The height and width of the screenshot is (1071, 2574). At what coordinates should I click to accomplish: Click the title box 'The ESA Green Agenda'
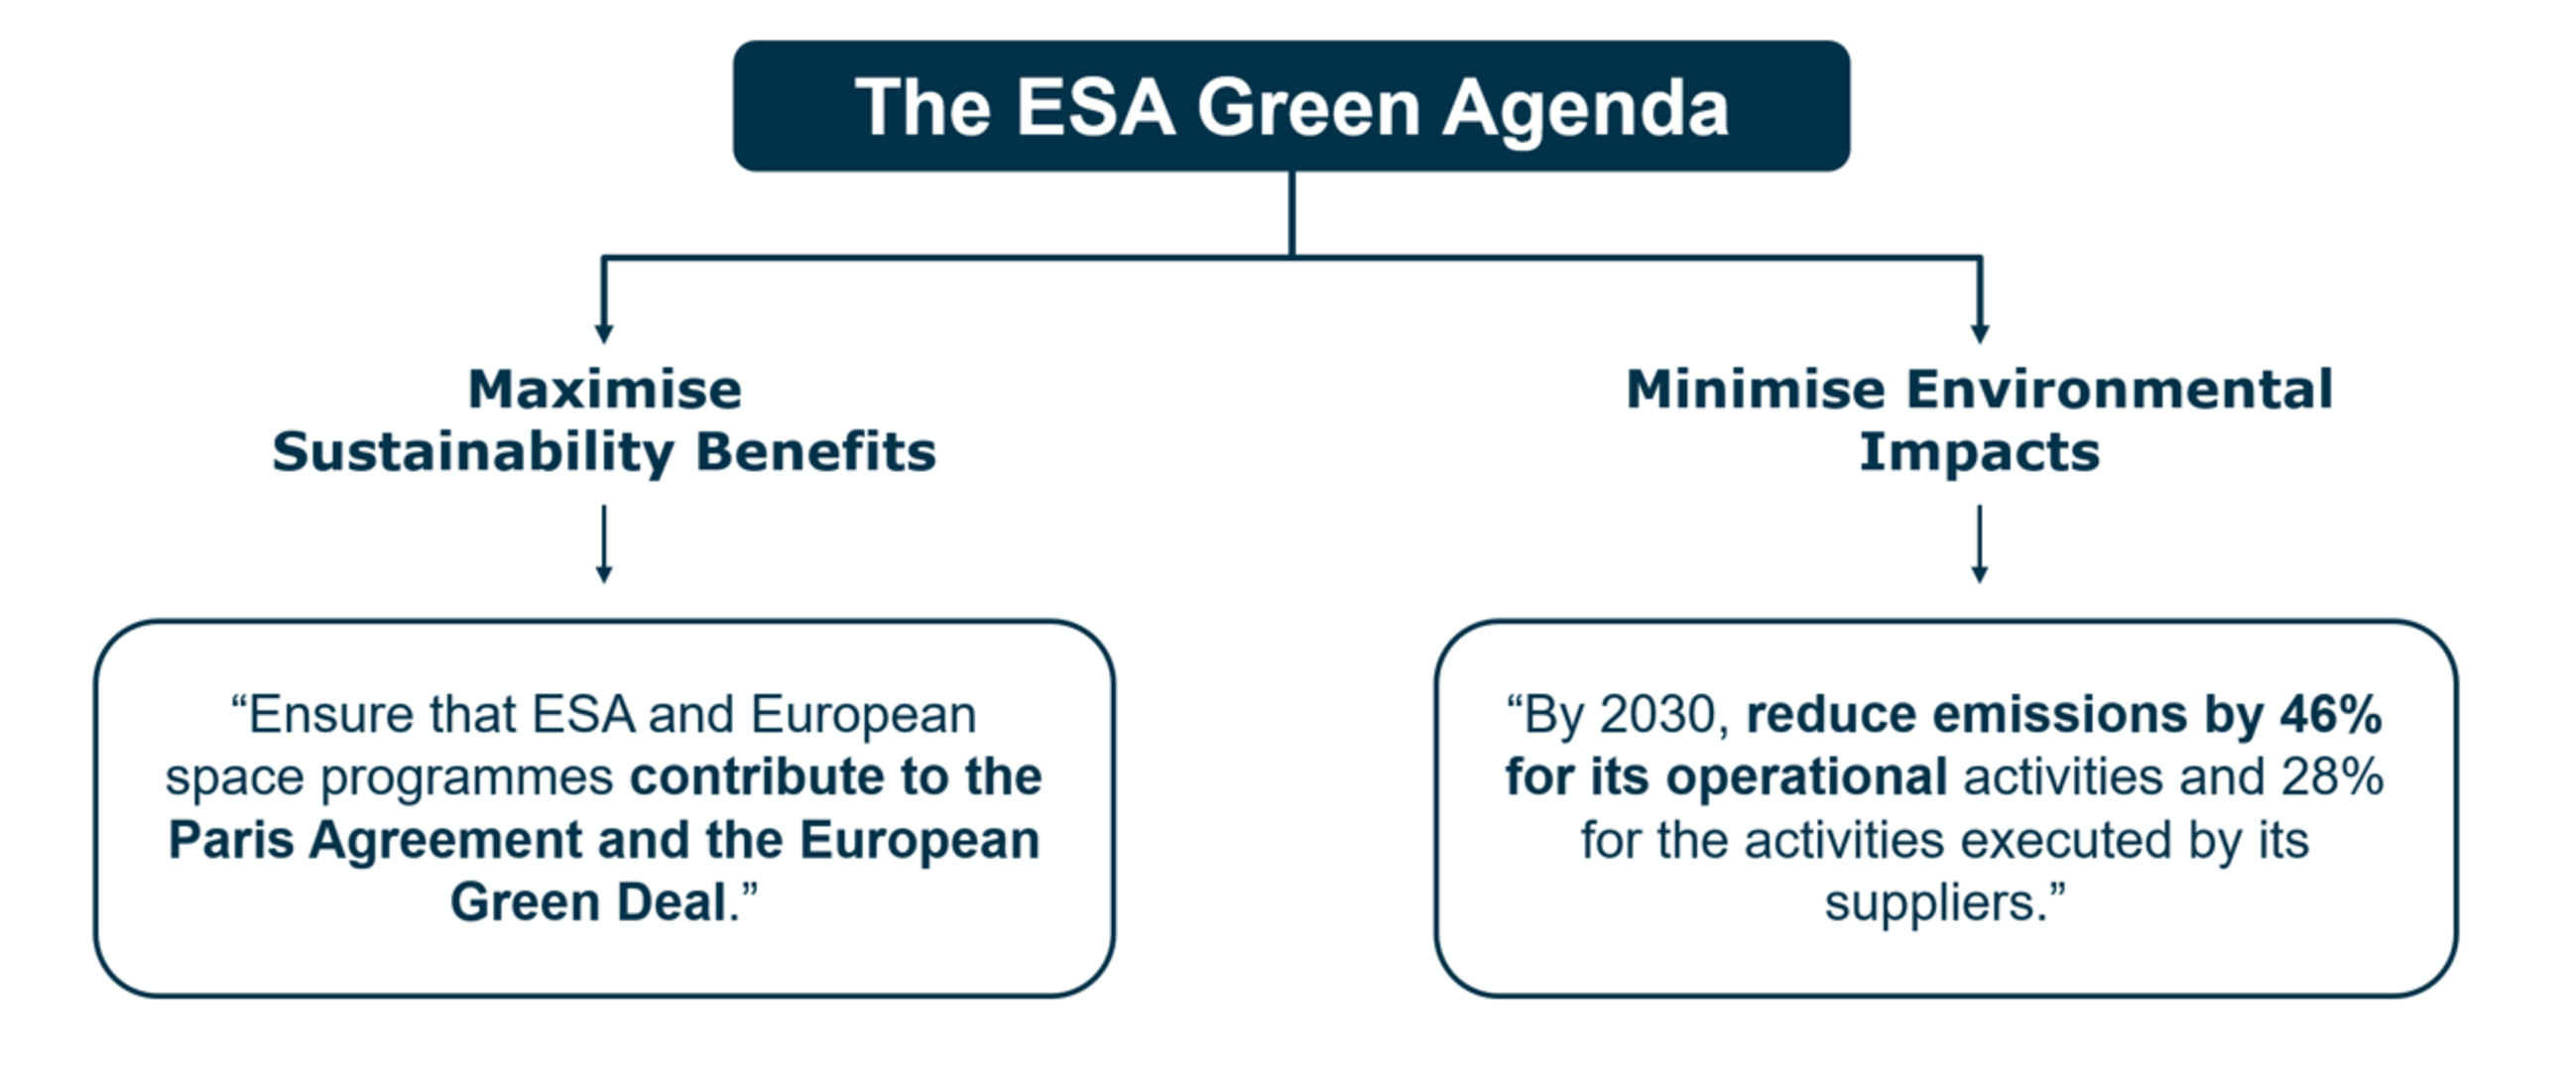click(x=1291, y=106)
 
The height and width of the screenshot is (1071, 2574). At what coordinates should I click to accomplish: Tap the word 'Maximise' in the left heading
click(x=604, y=389)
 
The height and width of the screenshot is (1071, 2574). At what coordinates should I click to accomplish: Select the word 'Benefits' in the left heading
click(x=815, y=451)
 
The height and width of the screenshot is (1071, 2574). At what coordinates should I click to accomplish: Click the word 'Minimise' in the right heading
click(x=1755, y=389)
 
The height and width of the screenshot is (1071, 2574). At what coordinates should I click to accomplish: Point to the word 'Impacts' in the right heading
click(x=1979, y=451)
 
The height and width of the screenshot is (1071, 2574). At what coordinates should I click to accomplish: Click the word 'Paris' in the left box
click(x=231, y=839)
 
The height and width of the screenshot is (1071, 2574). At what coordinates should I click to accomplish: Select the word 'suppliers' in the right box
click(x=1929, y=902)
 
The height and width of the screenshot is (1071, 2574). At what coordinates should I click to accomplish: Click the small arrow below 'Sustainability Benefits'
click(x=603, y=544)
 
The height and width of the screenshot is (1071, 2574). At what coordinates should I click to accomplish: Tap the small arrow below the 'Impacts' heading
click(x=1979, y=544)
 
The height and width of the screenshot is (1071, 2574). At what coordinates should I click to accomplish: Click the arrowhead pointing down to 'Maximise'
click(x=603, y=331)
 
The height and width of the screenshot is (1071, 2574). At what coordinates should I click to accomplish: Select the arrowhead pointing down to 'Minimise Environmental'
click(x=1980, y=331)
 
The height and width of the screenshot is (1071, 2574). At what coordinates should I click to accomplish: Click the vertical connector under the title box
click(x=1292, y=214)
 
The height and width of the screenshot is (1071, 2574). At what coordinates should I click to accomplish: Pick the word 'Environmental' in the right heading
click(x=2119, y=389)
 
